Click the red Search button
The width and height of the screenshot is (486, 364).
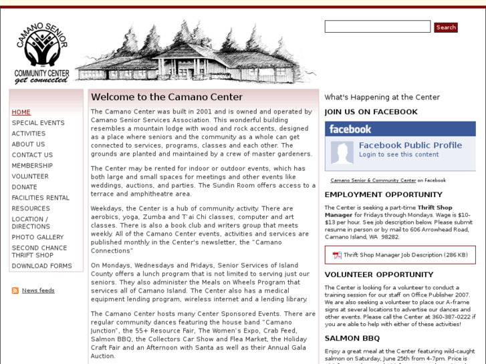click(x=445, y=27)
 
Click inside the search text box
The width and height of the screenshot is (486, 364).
click(x=377, y=27)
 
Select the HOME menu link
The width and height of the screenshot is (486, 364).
click(x=21, y=112)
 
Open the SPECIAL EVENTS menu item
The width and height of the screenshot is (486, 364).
click(x=38, y=123)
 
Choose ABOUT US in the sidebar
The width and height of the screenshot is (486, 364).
click(x=28, y=144)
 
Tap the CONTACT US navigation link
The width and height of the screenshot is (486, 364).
click(x=32, y=155)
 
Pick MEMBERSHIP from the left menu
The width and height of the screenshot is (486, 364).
click(x=32, y=166)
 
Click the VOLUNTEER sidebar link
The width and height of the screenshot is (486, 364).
click(x=30, y=176)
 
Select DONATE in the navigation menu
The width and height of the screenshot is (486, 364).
click(x=25, y=187)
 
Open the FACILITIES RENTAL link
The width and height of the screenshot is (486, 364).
click(x=41, y=198)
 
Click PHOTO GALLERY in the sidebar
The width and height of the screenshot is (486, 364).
click(x=37, y=237)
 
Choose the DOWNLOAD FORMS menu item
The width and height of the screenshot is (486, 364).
click(x=41, y=266)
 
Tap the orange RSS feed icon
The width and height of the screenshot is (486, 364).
click(x=15, y=291)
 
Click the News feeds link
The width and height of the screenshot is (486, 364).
click(x=38, y=291)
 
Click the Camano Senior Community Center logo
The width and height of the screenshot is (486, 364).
click(x=42, y=53)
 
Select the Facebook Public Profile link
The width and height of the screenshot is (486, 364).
click(x=410, y=145)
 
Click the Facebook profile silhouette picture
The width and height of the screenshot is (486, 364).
click(x=342, y=152)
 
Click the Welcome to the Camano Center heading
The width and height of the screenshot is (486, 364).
click(x=166, y=98)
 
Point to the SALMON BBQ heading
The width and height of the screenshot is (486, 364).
click(x=352, y=339)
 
